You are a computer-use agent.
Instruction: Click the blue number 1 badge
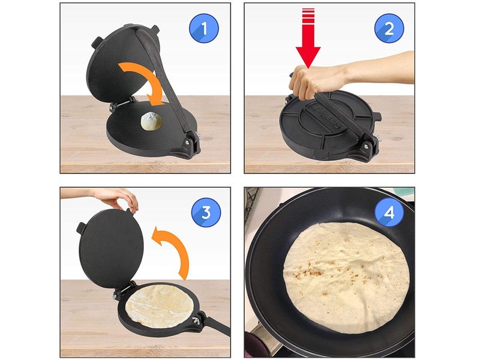coord(203,28)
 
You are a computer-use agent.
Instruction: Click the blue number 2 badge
coord(389,28)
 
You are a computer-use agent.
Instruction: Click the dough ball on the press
coord(151,122)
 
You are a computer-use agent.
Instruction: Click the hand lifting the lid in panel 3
coord(116,198)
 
